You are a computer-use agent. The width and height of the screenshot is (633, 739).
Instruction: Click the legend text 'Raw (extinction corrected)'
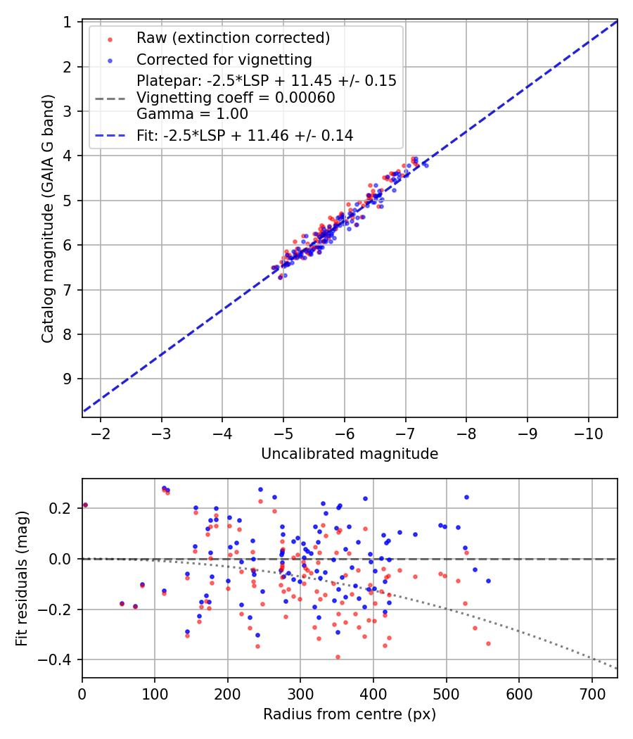click(233, 38)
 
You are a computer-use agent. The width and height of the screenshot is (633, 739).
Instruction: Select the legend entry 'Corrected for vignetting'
click(224, 59)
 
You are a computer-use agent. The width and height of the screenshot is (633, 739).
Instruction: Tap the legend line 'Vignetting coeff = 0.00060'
click(236, 98)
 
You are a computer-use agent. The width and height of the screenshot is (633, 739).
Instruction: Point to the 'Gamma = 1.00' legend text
click(192, 113)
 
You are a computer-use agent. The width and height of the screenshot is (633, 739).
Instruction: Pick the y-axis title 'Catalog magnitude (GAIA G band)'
click(48, 219)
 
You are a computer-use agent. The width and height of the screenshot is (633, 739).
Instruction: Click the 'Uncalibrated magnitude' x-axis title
click(350, 453)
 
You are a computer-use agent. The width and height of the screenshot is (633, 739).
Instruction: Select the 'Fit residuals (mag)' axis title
click(22, 579)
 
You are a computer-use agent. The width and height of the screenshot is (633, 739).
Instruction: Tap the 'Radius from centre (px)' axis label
click(350, 714)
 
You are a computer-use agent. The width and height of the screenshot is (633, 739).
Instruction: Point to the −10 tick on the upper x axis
click(588, 433)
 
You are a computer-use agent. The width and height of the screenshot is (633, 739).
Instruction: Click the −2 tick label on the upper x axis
click(101, 433)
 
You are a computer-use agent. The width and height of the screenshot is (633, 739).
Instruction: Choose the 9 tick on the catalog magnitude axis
click(67, 379)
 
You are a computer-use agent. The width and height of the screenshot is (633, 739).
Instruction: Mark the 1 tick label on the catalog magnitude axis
click(67, 22)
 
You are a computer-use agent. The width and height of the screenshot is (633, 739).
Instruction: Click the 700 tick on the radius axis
click(592, 694)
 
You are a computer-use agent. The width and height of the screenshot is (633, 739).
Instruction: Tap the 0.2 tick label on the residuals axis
click(60, 508)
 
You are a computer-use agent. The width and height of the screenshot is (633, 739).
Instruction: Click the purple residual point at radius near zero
click(85, 505)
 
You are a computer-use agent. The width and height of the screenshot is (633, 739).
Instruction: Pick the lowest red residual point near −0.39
click(337, 657)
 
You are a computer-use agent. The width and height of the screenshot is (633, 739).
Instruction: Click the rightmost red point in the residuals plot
click(488, 643)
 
